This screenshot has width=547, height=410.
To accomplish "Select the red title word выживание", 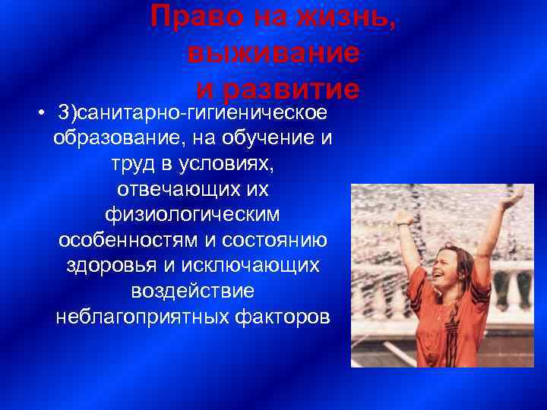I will (x=272, y=53).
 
